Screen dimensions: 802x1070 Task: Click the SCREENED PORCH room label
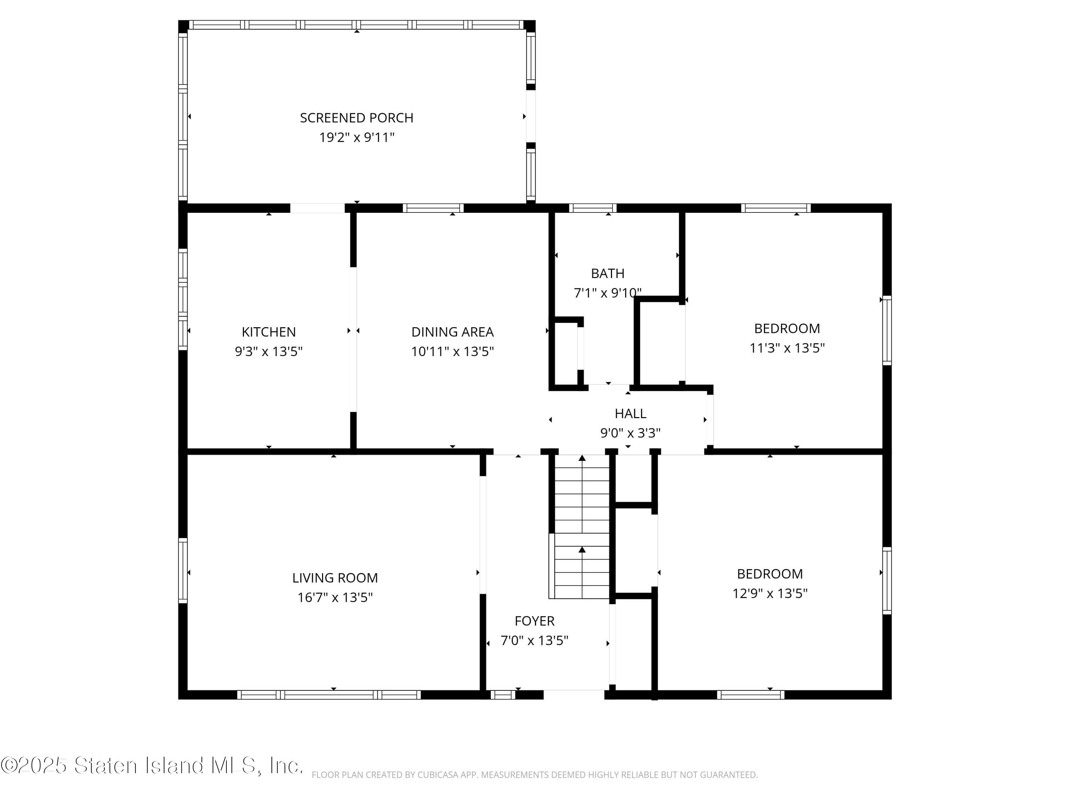pos(357,118)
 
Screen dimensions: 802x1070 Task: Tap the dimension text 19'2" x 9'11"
pos(357,138)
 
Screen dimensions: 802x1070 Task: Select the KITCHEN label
pos(269,332)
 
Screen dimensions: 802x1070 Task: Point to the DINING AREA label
pos(452,332)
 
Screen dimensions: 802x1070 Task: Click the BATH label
pos(607,274)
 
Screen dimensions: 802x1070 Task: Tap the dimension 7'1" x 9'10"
pos(607,293)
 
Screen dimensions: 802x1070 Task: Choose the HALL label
pos(630,414)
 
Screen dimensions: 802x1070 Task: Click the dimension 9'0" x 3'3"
pos(630,433)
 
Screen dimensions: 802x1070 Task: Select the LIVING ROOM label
pos(335,578)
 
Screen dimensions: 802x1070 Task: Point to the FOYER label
pos(535,621)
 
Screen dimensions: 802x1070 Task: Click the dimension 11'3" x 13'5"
pos(787,348)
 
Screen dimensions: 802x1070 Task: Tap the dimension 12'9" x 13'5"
pos(770,593)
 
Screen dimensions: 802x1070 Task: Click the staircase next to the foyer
pos(581,527)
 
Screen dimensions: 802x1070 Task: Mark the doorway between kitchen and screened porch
pos(317,209)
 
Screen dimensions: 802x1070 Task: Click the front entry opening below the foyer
pos(574,695)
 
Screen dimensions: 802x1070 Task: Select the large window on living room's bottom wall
pos(329,695)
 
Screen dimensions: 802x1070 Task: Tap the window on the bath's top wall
pos(592,209)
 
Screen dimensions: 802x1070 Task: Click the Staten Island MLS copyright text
pos(152,766)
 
